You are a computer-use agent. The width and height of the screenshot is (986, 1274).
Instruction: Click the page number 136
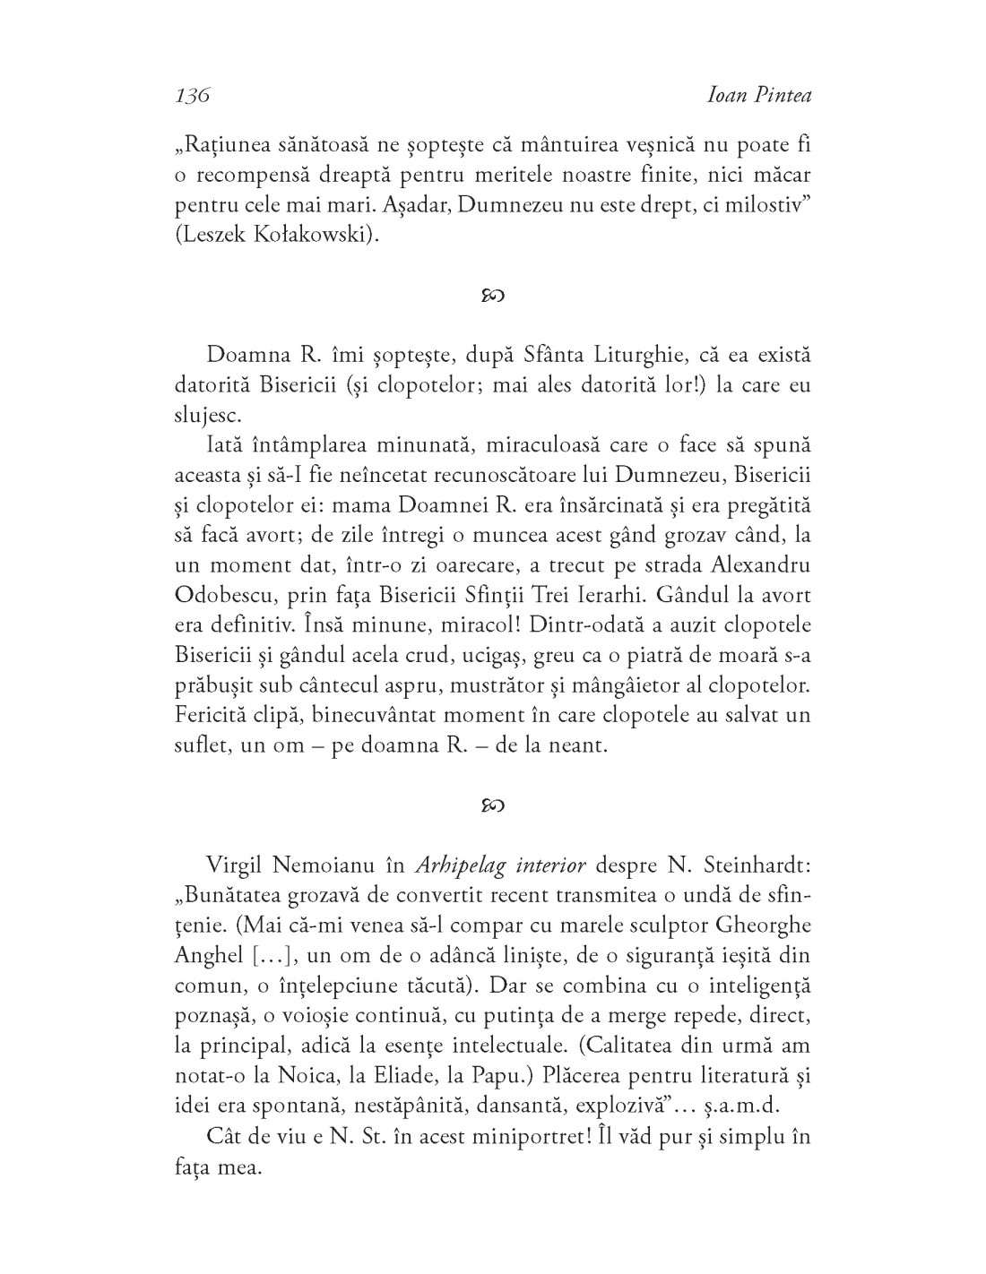pyautogui.click(x=192, y=96)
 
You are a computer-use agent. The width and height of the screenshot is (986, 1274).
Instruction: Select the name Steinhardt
pyautogui.click(x=750, y=865)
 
